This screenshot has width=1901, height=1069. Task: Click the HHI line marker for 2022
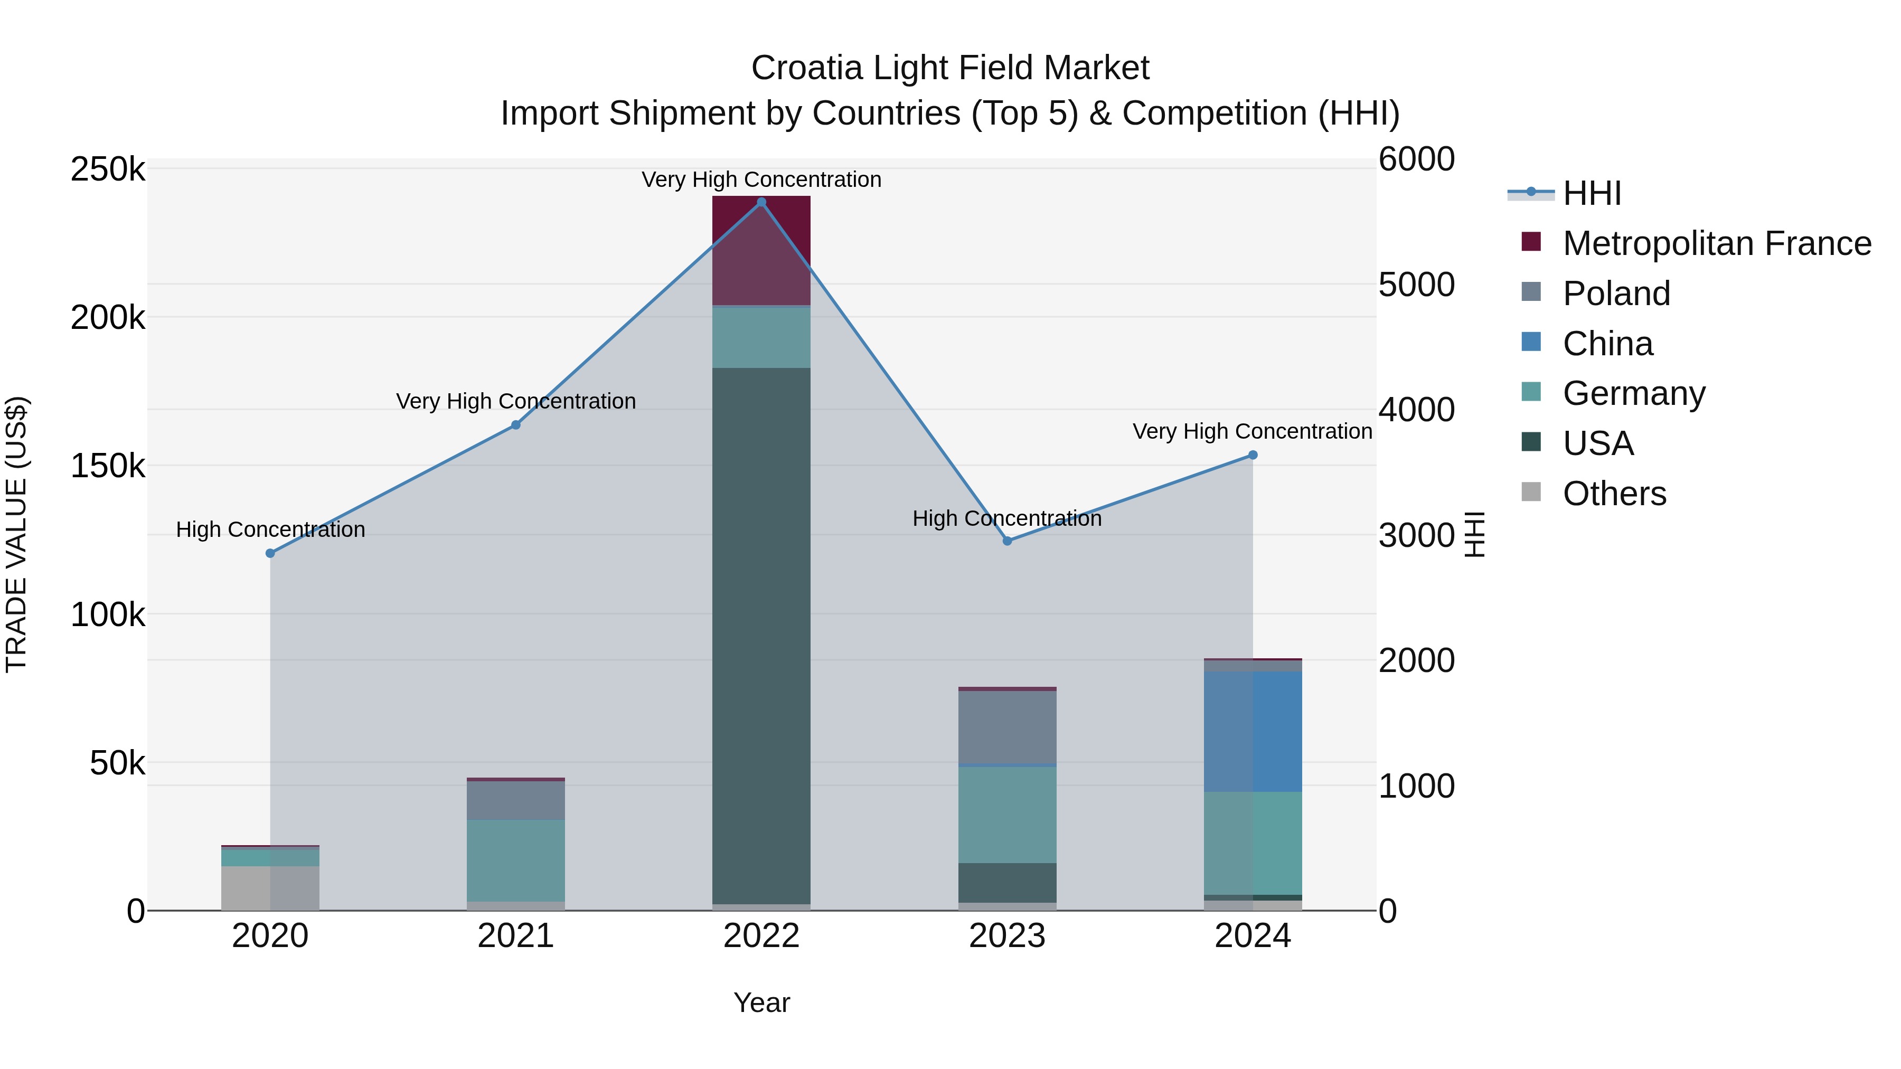(761, 202)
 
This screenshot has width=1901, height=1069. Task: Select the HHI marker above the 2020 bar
(270, 553)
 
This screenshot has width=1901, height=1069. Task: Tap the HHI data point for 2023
(1008, 541)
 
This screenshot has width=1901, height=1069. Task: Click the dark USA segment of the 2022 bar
(761, 635)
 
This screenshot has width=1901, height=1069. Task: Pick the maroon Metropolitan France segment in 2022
(761, 251)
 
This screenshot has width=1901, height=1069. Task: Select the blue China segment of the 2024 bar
(1253, 731)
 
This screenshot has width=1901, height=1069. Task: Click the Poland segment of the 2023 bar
(1008, 727)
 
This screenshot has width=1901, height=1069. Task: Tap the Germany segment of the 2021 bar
(516, 859)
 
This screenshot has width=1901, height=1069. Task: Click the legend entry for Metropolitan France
(1717, 243)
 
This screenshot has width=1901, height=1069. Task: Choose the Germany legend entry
(1634, 393)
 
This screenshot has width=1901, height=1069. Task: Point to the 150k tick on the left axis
(108, 466)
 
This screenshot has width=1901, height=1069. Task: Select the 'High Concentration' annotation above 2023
(1008, 518)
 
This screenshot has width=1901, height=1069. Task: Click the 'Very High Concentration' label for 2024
(1253, 432)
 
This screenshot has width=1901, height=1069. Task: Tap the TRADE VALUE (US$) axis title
(16, 534)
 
